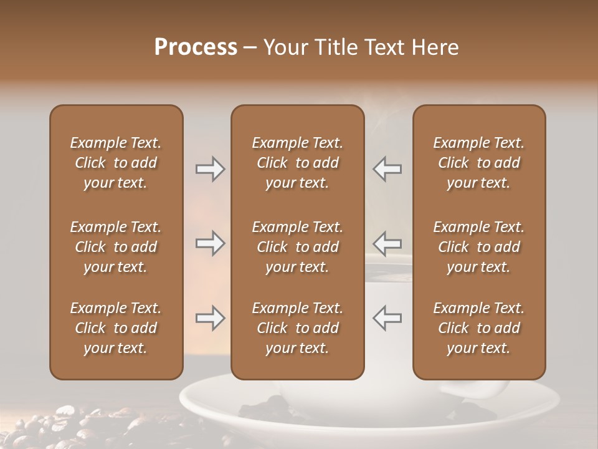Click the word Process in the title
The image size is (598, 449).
(196, 47)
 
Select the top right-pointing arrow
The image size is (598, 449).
(210, 168)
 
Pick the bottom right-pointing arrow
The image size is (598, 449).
(210, 318)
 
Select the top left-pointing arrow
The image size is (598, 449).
(387, 168)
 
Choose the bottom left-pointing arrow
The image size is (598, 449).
(387, 318)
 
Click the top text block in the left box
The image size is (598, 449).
(116, 163)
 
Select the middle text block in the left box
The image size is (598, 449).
(116, 247)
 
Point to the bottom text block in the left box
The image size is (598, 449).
(116, 328)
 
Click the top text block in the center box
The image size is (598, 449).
(297, 163)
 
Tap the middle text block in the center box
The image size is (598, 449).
(297, 247)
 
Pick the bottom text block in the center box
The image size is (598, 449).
(297, 328)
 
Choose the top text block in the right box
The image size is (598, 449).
(478, 163)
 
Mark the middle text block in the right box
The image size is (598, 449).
(478, 247)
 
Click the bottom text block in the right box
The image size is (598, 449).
(478, 328)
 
